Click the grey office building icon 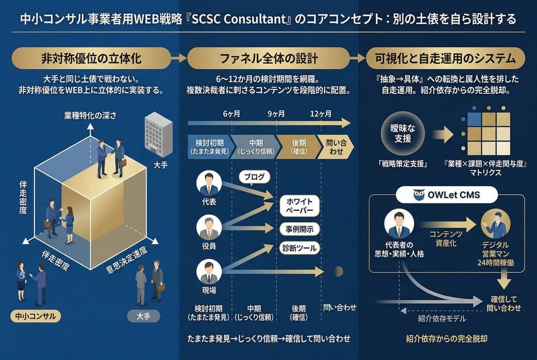(158, 134)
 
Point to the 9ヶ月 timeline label (275, 114)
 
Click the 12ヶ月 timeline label (321, 114)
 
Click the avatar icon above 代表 (209, 183)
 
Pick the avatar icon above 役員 (209, 227)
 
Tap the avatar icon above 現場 (209, 271)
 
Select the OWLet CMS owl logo (419, 194)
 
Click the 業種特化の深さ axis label (90, 115)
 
